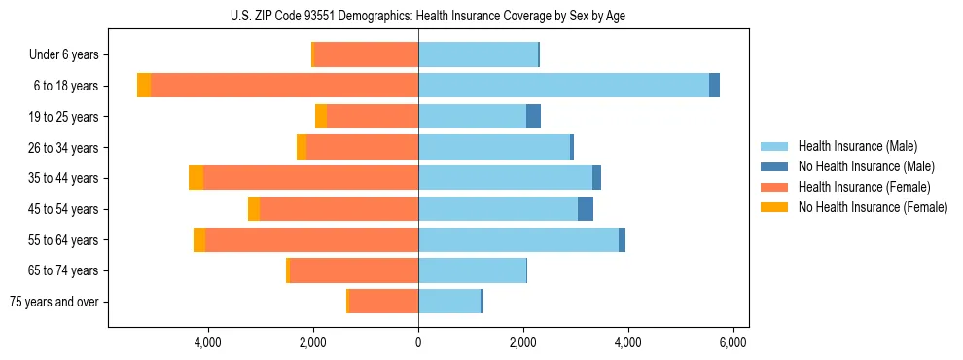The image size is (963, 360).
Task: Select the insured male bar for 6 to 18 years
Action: pyautogui.click(x=563, y=86)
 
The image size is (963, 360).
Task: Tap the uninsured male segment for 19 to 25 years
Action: pyautogui.click(x=533, y=117)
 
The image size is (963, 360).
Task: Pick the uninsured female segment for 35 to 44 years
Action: pyautogui.click(x=196, y=178)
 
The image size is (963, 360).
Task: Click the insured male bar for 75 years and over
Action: pyautogui.click(x=449, y=302)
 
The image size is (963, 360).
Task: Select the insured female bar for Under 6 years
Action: pyautogui.click(x=367, y=55)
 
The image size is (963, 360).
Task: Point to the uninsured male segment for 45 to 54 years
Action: pyautogui.click(x=586, y=209)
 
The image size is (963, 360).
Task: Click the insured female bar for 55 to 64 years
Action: pyautogui.click(x=311, y=240)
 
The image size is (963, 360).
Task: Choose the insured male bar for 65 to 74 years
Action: pyautogui.click(x=472, y=270)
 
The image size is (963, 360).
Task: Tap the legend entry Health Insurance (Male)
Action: pyautogui.click(x=857, y=147)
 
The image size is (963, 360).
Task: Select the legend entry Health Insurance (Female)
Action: pyautogui.click(x=864, y=187)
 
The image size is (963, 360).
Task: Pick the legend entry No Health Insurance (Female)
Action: pyautogui.click(x=873, y=207)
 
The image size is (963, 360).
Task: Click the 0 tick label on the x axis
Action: pyautogui.click(x=418, y=342)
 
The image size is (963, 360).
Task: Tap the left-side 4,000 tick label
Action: pyautogui.click(x=208, y=342)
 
